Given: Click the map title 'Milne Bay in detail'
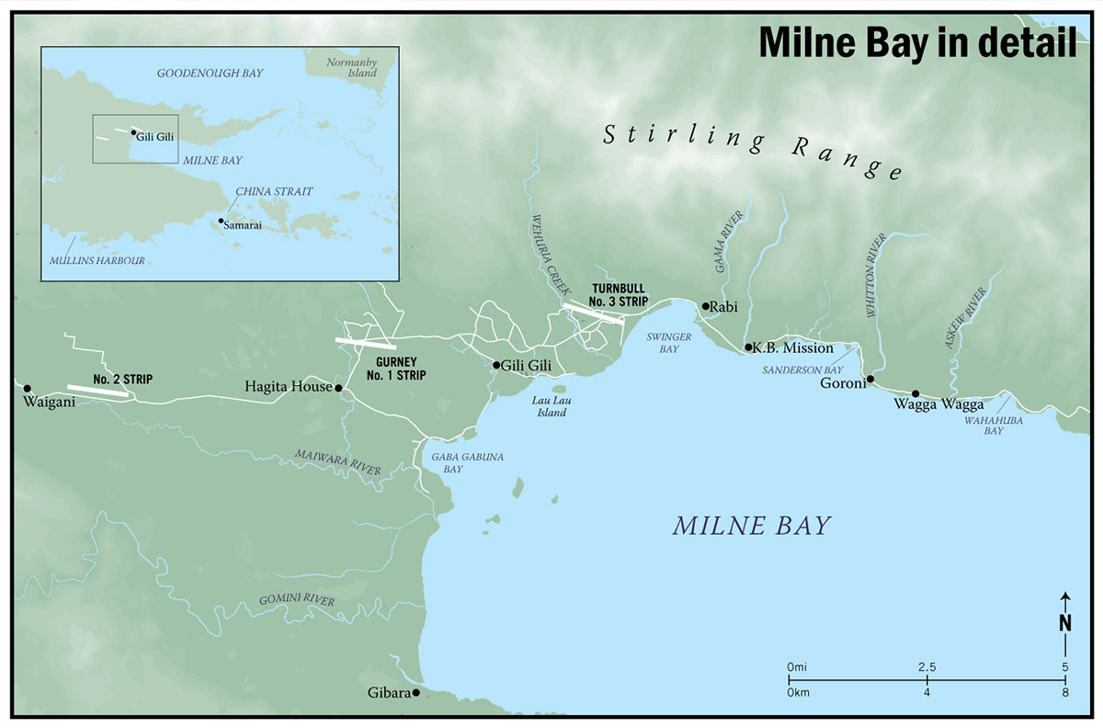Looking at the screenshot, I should (916, 43).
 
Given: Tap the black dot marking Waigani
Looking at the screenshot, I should (28, 388).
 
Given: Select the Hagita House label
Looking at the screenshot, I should (287, 388).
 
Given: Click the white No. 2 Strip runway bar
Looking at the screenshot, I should (97, 391).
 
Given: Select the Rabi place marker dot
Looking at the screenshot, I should (705, 306).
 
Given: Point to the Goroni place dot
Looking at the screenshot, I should (870, 379).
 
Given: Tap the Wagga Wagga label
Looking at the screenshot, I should (938, 404).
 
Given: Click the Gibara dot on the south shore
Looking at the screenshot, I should (415, 692).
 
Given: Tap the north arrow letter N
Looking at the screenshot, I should (1064, 622).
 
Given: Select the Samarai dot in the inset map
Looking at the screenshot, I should (221, 222).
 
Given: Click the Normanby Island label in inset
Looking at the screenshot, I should (353, 68).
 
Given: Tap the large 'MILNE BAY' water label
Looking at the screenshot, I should (751, 526).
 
